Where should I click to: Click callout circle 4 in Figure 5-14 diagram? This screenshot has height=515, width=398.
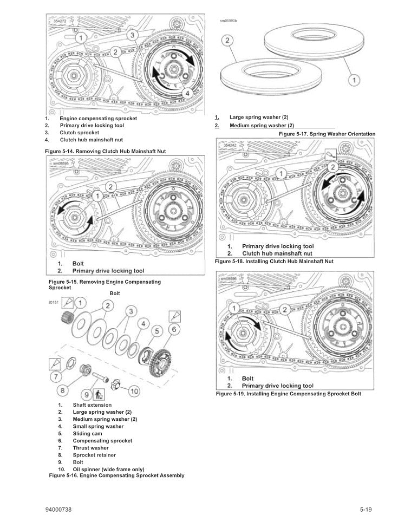tap(187, 93)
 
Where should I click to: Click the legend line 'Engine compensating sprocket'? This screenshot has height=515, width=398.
tap(98, 118)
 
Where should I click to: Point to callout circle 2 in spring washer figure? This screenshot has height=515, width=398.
tap(228, 41)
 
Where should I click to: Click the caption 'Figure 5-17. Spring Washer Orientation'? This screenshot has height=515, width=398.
tap(327, 134)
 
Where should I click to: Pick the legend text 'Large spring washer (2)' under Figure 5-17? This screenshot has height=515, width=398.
tap(259, 117)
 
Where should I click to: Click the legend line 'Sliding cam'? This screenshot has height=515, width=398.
tap(87, 433)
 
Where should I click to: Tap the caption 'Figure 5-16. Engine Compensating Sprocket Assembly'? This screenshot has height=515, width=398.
tap(116, 475)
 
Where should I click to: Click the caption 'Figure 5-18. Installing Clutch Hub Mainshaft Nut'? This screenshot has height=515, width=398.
tap(274, 261)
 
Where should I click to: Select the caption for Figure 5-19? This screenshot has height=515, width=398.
tap(288, 394)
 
